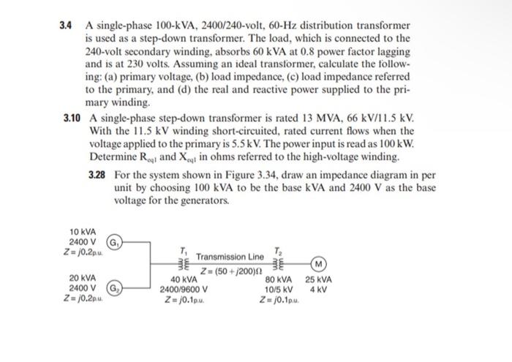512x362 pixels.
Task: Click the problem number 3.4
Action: click(x=67, y=26)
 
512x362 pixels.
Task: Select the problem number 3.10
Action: click(x=70, y=117)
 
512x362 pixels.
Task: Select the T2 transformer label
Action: click(x=276, y=250)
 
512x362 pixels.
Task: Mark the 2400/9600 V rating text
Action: click(x=182, y=289)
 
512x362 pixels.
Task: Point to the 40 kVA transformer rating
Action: click(x=183, y=279)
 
